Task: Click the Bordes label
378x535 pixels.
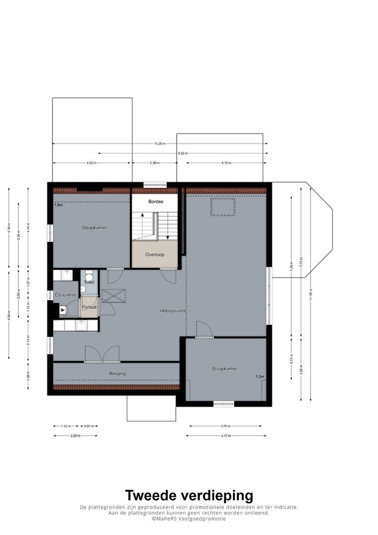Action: point(155,202)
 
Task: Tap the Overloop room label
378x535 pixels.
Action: point(155,255)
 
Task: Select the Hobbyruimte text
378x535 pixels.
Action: point(172,311)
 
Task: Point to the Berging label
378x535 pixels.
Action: point(117,374)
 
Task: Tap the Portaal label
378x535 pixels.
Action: point(89,307)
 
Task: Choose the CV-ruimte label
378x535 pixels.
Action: point(65,295)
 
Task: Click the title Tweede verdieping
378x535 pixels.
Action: point(189,495)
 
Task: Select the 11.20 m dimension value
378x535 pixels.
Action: point(160,144)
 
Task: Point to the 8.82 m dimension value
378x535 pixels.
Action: point(183,154)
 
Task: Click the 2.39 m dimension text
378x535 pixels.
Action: point(155,163)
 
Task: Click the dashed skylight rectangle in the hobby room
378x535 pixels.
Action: point(222,207)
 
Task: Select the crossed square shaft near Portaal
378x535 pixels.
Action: point(113,296)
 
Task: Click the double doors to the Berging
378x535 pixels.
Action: point(102,354)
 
